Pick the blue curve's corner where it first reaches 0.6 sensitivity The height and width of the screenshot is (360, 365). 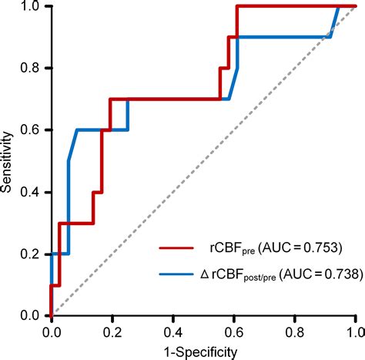pos(77,130)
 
